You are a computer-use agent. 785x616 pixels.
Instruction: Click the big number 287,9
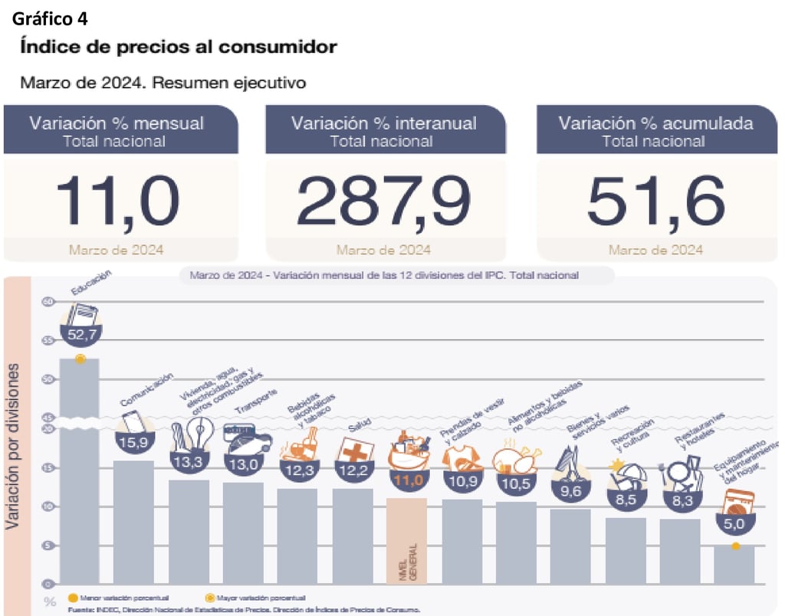point(383,202)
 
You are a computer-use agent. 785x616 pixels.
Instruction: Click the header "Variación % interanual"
point(383,123)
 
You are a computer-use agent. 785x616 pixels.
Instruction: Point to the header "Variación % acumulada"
point(655,123)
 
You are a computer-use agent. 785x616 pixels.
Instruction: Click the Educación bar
point(79,475)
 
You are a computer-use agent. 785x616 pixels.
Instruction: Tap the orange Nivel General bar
point(406,540)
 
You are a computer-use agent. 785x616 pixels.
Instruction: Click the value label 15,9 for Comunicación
point(134,443)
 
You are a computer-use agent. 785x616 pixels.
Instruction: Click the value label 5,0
point(734,525)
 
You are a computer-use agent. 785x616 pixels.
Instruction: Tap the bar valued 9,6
point(570,546)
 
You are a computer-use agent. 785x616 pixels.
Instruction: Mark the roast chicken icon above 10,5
point(515,460)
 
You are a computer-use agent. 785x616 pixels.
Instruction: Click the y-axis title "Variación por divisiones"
point(13,447)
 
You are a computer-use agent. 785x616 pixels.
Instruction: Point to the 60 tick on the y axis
point(48,301)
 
